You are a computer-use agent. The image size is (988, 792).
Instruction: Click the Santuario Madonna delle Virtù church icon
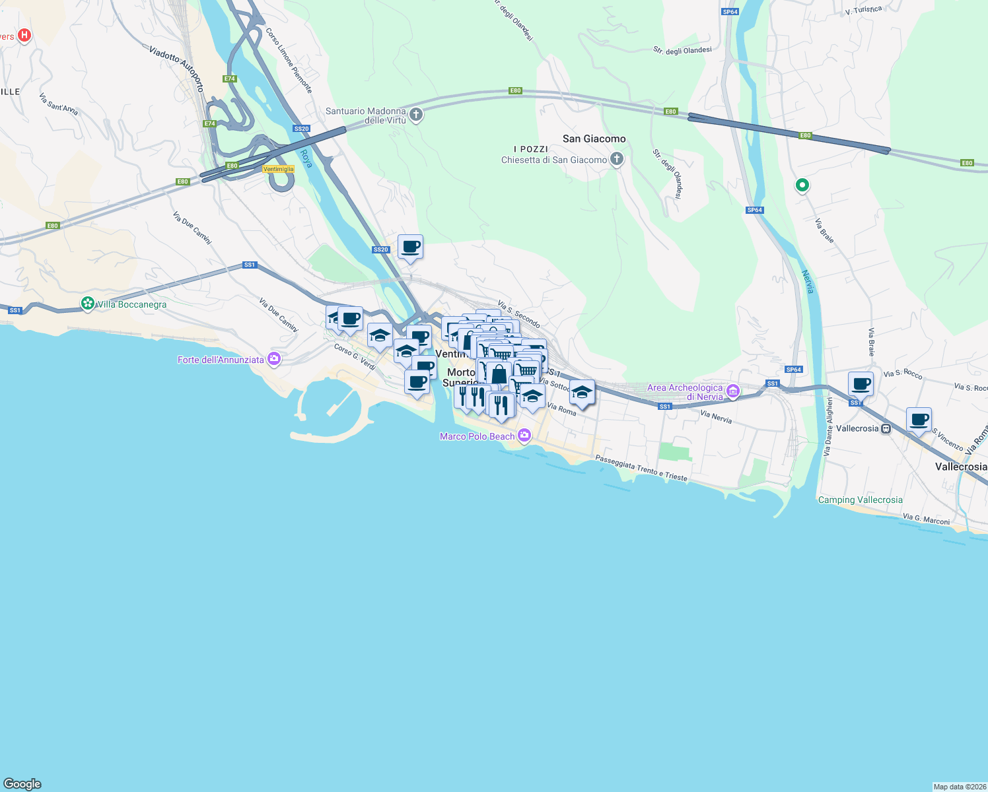tap(416, 115)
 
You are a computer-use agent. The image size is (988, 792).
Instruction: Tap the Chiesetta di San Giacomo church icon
tap(616, 159)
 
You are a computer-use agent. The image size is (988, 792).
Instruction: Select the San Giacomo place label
tap(594, 139)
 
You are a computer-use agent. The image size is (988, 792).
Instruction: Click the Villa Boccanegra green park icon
tap(87, 304)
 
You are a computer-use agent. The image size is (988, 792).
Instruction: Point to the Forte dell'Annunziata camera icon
tap(274, 359)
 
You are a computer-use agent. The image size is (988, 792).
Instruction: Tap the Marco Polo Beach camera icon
tap(524, 436)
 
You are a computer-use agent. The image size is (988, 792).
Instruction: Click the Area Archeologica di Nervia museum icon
tap(732, 392)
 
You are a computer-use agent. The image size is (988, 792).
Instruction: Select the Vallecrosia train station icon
tap(886, 428)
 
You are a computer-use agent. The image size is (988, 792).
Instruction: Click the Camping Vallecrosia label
tap(860, 500)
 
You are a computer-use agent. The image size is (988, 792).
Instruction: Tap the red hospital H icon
tap(24, 35)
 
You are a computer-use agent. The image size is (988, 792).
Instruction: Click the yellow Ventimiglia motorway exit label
tap(278, 169)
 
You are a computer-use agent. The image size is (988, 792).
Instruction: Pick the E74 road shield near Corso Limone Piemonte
tap(229, 79)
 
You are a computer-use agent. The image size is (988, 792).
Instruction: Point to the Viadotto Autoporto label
tap(176, 68)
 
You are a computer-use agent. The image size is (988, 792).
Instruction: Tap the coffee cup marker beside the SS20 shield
tap(410, 247)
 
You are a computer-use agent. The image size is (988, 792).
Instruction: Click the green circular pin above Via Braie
tap(802, 185)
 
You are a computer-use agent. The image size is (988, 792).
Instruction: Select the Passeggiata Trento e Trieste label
tap(641, 468)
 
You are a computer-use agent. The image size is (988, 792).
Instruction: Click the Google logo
tap(22, 783)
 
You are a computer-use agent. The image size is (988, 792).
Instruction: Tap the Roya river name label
tap(306, 158)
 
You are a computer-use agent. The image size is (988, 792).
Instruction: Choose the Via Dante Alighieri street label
tap(828, 426)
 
